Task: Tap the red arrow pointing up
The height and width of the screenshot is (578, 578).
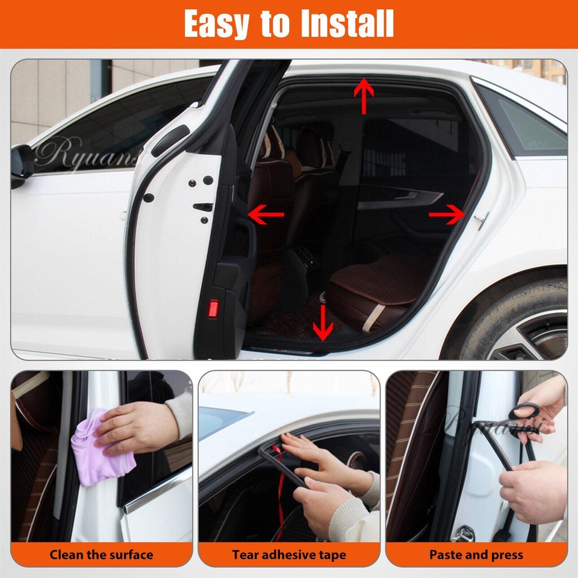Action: tap(364, 95)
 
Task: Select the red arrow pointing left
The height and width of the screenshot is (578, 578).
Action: tap(266, 213)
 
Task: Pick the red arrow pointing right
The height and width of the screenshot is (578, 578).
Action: tap(447, 214)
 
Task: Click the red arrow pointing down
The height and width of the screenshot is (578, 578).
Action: tap(323, 322)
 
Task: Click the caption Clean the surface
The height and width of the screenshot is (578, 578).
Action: tap(101, 555)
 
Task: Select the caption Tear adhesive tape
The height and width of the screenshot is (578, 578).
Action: tap(289, 555)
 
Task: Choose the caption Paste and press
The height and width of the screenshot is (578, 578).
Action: tap(476, 555)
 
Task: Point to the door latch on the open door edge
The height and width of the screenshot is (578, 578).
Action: tap(203, 208)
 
